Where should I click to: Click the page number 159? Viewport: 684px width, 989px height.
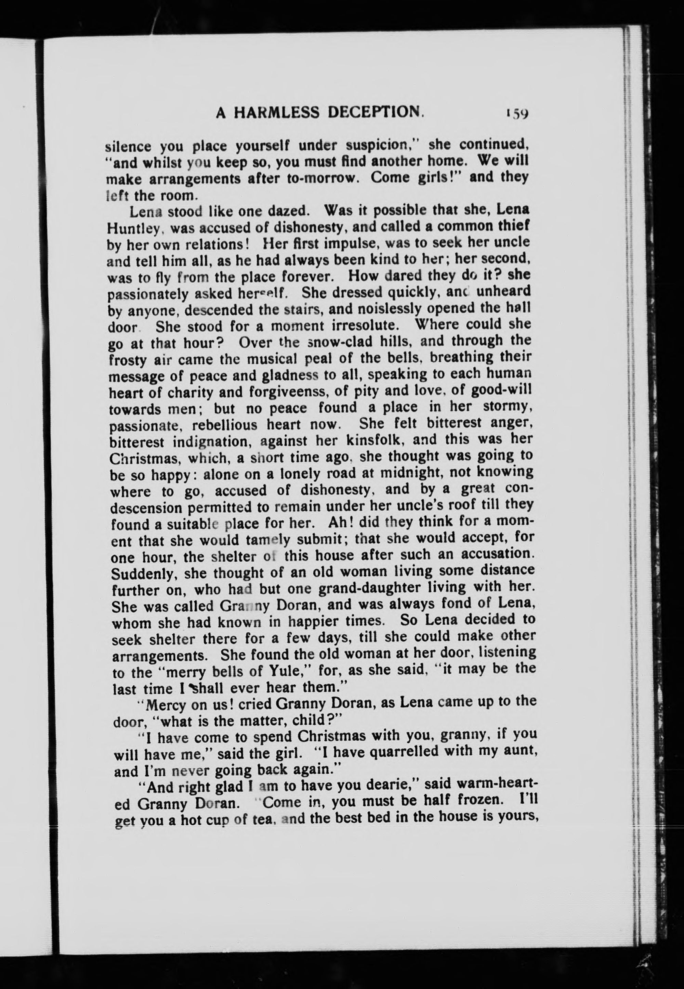pyautogui.click(x=518, y=114)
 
